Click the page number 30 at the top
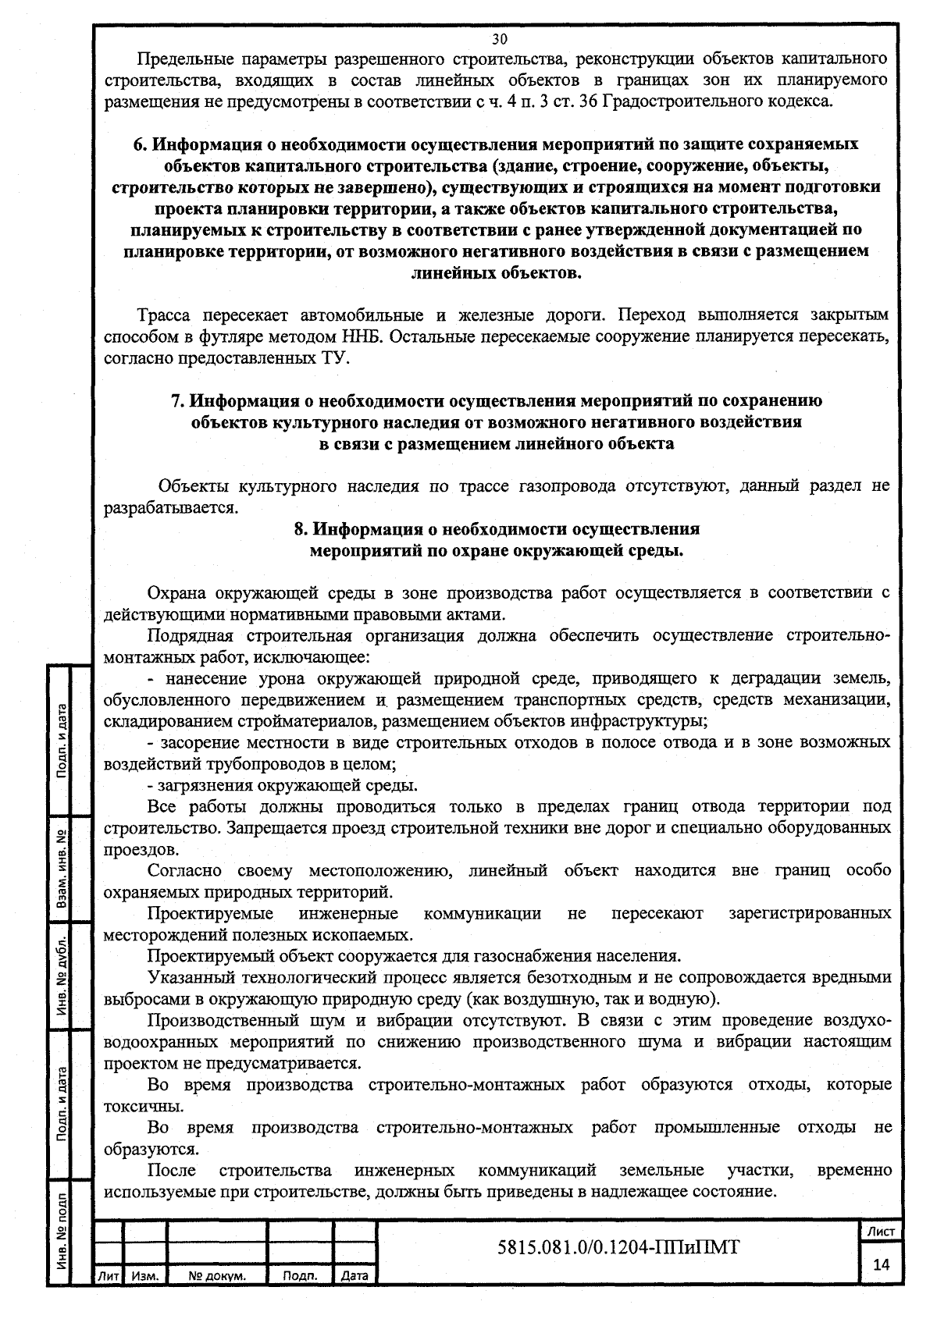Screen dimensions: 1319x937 pyautogui.click(x=500, y=38)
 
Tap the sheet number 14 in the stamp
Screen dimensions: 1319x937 pyautogui.click(x=882, y=1265)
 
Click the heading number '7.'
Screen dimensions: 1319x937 pyautogui.click(x=177, y=401)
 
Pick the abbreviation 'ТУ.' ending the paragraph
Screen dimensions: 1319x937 pyautogui.click(x=338, y=358)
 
